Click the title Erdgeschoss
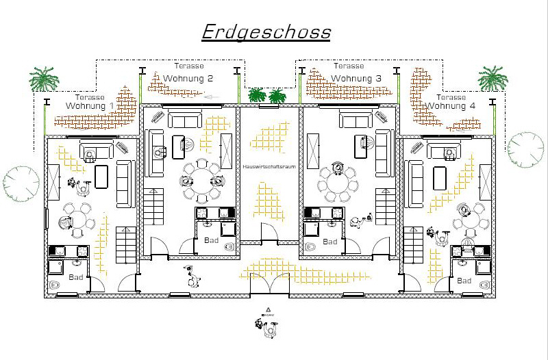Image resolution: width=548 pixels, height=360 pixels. click(266, 33)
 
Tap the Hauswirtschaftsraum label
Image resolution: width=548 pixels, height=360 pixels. click(269, 166)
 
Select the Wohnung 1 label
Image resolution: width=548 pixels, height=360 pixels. click(90, 106)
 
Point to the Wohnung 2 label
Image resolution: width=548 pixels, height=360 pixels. click(188, 78)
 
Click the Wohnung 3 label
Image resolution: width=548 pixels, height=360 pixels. click(356, 79)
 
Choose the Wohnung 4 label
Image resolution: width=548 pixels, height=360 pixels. click(451, 106)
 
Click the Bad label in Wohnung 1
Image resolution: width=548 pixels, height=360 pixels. click(76, 277)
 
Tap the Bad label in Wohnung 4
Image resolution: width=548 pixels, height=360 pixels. click(464, 281)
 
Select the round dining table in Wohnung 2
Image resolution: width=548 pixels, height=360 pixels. click(202, 181)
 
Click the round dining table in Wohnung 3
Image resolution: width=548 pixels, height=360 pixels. click(337, 184)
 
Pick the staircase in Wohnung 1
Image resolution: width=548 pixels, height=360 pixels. click(126, 245)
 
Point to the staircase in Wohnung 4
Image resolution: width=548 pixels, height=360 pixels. click(414, 245)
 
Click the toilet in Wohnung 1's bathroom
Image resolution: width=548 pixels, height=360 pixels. click(53, 285)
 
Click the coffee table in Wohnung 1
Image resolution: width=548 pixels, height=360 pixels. click(101, 177)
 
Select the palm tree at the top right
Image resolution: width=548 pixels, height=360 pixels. click(493, 78)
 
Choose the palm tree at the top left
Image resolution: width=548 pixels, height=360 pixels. click(44, 79)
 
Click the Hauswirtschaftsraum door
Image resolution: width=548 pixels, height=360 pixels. click(269, 232)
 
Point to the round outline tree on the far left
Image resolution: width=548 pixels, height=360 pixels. click(21, 183)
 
